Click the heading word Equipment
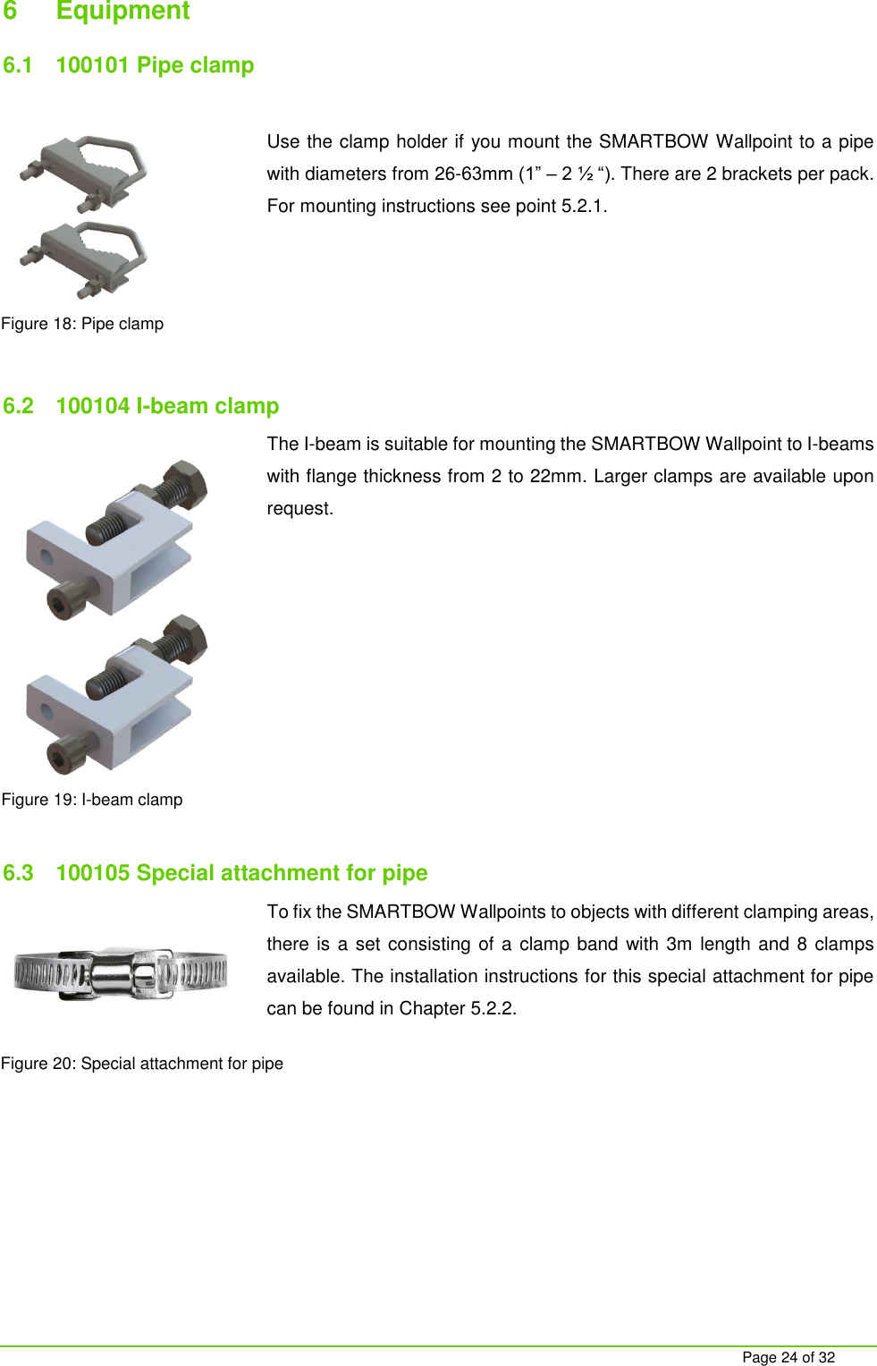pos(122,11)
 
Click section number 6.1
pos(18,65)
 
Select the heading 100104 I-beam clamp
pos(167,406)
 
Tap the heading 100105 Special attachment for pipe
pos(241,873)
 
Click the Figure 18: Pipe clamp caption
pos(82,324)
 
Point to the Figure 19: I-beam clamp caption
pos(92,800)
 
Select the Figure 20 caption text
pos(142,1064)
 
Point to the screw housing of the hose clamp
pos(121,974)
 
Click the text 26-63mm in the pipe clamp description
pos(474,174)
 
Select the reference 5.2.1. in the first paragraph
pos(584,206)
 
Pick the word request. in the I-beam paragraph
pos(299,508)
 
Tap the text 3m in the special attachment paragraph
pos(679,944)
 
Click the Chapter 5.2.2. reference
pos(458,1008)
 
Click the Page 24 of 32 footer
pos(788,1357)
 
